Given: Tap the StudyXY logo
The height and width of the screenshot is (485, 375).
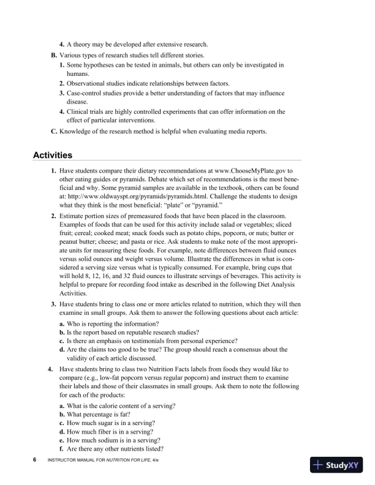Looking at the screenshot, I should click(337, 465).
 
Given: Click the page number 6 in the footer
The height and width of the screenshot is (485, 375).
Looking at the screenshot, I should click(35, 459).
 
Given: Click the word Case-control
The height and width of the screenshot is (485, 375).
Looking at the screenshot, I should click(86, 92).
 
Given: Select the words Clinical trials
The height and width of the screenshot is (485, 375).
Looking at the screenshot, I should click(88, 111).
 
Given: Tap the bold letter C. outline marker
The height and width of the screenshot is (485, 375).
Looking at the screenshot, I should click(54, 131).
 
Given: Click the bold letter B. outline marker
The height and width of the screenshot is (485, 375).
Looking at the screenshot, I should click(54, 55).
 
